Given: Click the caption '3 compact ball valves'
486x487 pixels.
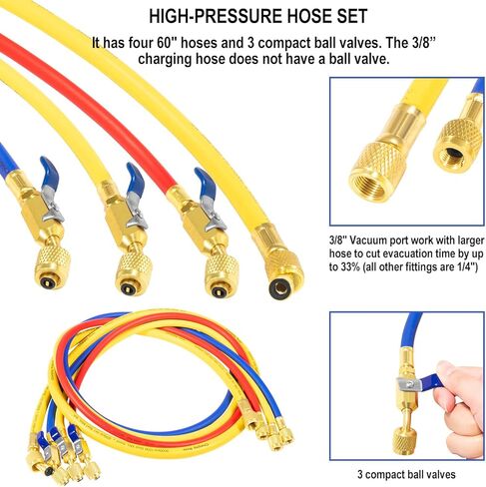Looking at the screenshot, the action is [406, 474].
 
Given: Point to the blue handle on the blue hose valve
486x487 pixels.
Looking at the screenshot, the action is [50, 172].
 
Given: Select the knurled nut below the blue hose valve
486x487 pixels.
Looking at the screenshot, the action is [53, 268].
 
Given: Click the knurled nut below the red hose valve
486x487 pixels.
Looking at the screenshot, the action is [221, 274].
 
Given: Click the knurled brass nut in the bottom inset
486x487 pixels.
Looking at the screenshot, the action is [404, 441].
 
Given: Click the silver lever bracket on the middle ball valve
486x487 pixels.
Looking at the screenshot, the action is [136, 214].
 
